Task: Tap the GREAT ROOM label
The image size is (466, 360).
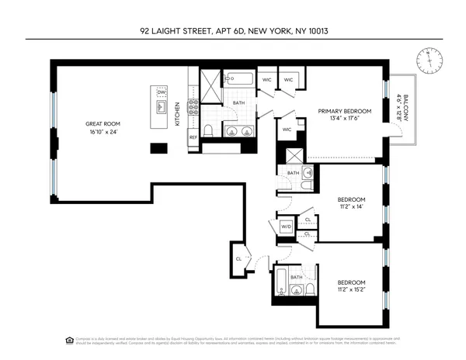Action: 103,124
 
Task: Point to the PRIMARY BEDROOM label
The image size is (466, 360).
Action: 345,111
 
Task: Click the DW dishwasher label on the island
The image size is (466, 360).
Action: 162,93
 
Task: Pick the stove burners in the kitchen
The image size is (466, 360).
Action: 193,108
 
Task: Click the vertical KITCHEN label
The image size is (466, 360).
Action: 177,114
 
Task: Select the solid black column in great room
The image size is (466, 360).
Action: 159,147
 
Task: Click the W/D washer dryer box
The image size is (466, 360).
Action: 285,227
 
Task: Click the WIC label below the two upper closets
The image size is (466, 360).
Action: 287,129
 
